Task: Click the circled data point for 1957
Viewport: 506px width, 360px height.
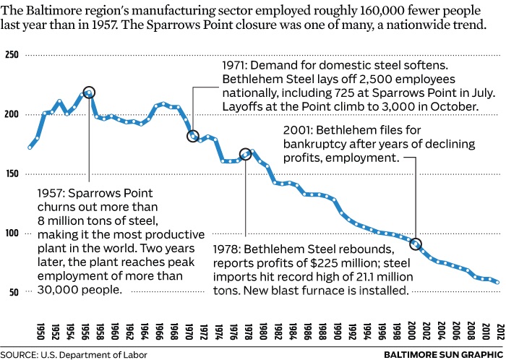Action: pos(89,93)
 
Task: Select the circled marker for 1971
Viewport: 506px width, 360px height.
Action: pos(193,136)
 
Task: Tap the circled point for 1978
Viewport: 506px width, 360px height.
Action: pos(245,153)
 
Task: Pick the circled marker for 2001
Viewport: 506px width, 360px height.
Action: pos(415,244)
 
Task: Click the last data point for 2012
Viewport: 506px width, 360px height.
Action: pos(497,282)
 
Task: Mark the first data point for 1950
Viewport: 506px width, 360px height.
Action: pos(30,147)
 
